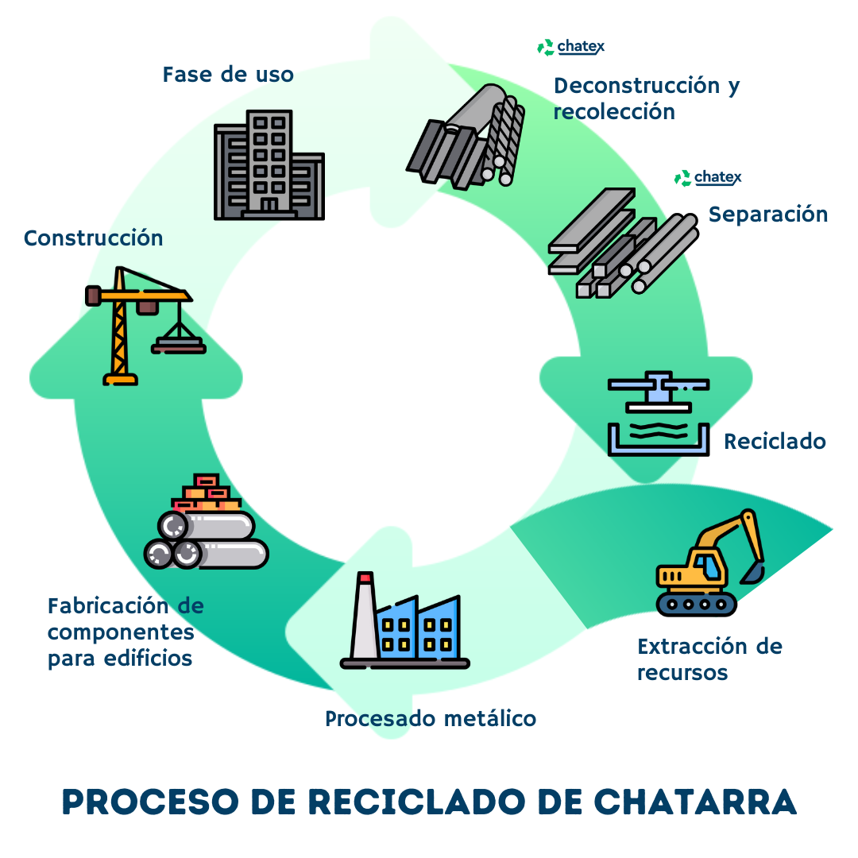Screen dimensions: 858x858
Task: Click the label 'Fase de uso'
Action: [228, 75]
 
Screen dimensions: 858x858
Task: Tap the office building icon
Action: [269, 165]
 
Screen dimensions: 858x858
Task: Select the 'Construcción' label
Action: [93, 238]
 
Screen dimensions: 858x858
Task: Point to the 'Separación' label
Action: [767, 214]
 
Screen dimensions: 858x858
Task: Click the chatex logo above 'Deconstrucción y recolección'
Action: [571, 48]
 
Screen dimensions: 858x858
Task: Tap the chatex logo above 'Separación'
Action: [708, 178]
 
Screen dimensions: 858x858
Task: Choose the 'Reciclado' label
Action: [775, 442]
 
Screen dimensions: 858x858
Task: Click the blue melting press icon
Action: [658, 413]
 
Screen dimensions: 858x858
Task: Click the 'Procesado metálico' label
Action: [431, 719]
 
